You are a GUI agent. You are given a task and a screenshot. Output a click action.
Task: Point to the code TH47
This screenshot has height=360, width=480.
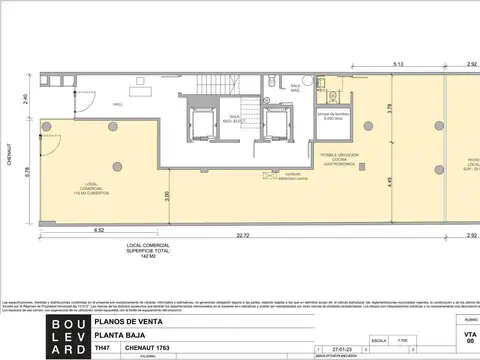(x=101, y=349)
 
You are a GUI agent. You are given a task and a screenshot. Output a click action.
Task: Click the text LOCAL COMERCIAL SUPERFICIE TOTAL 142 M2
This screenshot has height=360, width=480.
(x=149, y=250)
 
